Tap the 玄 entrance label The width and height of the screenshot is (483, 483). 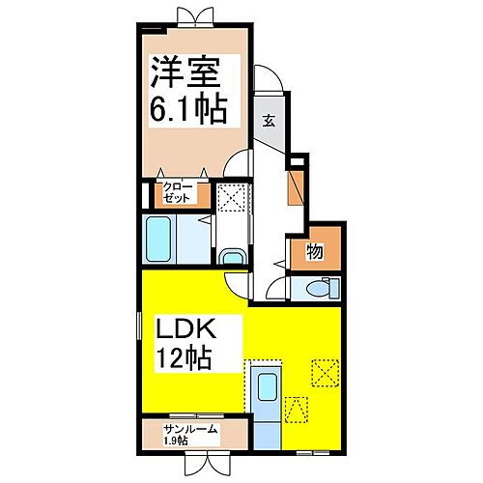[x=270, y=121]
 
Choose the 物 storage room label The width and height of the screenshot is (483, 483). [x=315, y=253]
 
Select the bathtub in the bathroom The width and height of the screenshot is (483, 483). [x=162, y=238]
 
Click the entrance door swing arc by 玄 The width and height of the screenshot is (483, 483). [x=268, y=83]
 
